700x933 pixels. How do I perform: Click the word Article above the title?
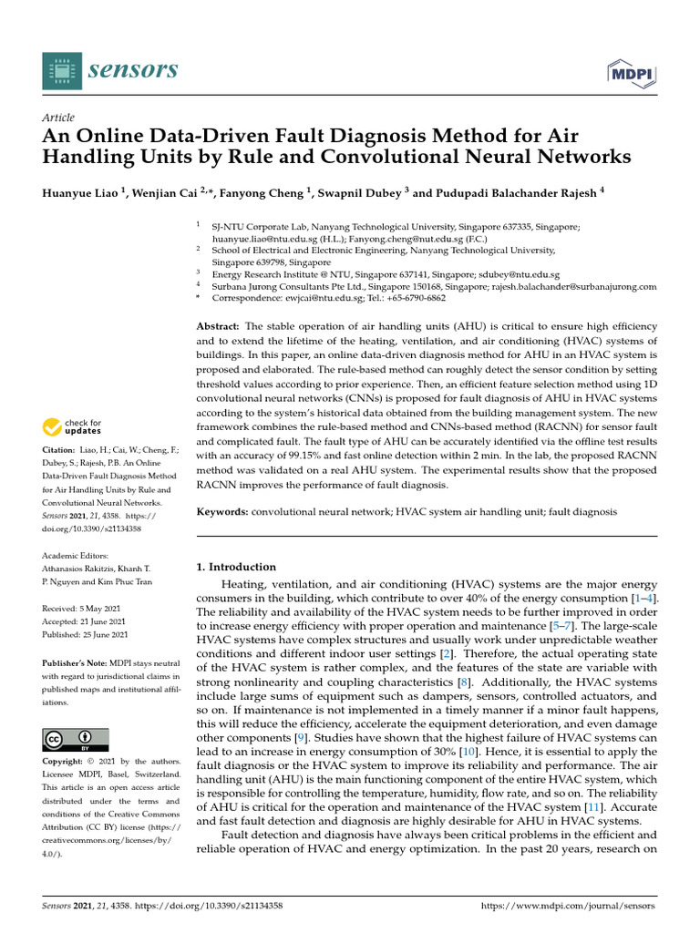58,118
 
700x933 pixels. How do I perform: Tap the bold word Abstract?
219,326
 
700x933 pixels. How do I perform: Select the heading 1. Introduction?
236,567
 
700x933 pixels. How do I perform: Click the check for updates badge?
75,426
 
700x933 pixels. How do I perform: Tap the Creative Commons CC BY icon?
76,738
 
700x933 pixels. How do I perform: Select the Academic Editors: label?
75,556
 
